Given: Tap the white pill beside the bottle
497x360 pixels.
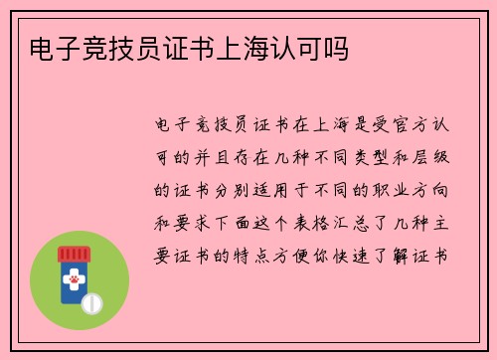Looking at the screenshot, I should point(91,301).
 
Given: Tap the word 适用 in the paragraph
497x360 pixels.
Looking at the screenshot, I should point(282,189).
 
